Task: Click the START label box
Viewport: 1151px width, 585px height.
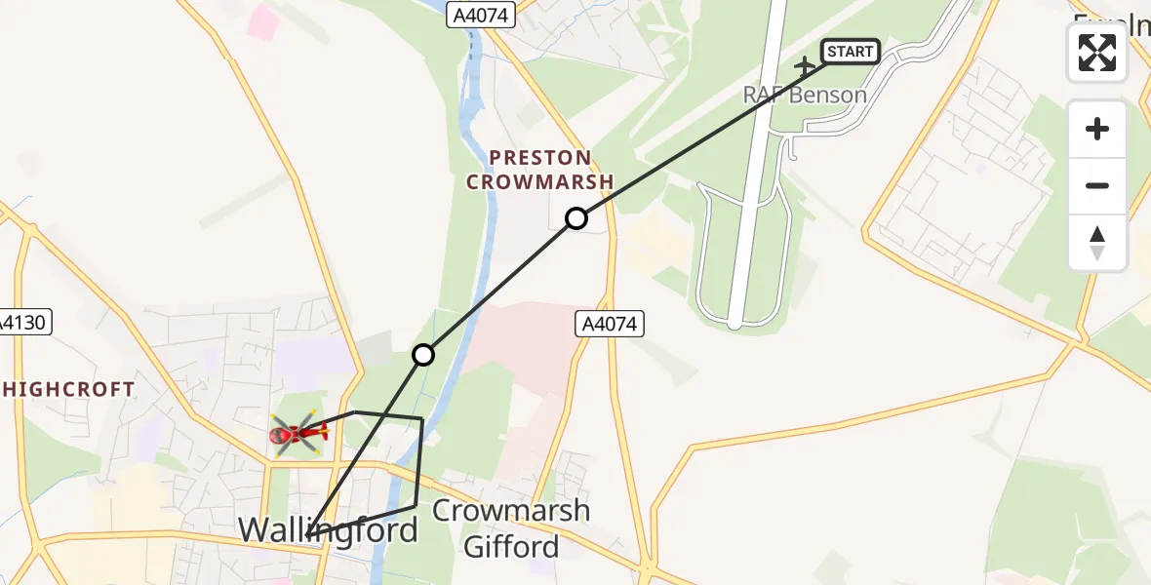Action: (851, 52)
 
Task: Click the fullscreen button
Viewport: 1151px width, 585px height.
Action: (1097, 53)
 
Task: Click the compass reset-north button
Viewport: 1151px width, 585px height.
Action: (1097, 242)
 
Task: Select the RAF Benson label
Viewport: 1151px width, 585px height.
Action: (805, 95)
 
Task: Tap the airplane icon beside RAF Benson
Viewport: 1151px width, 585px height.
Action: (805, 67)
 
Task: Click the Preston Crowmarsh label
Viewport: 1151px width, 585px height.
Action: (539, 170)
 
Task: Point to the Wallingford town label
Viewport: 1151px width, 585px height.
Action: (328, 529)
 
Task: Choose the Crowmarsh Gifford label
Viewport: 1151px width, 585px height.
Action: (511, 528)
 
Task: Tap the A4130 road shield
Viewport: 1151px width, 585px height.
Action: (24, 323)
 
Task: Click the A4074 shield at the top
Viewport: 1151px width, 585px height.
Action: (482, 15)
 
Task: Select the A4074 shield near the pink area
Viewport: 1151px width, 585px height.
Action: (612, 325)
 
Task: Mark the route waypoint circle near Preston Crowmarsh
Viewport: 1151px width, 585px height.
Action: (576, 218)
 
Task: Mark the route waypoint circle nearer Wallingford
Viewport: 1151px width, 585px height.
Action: (422, 355)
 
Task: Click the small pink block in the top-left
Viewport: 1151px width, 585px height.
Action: (262, 22)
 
